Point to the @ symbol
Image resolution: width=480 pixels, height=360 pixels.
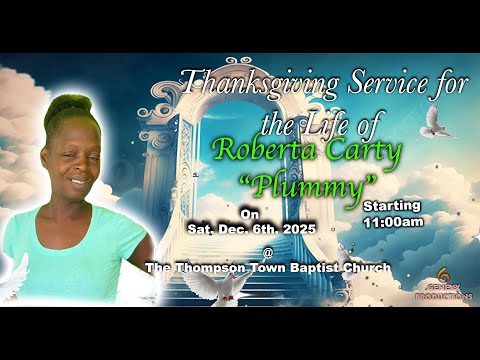point(268,250)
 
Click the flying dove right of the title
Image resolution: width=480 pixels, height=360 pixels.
point(437,121)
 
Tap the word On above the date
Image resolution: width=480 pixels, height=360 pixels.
point(249,214)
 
